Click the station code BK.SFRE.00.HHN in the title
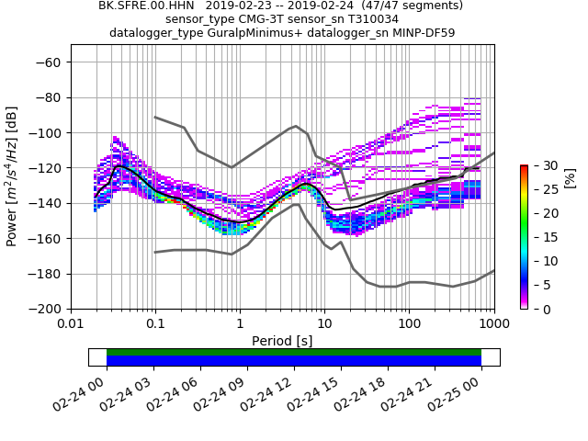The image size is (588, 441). point(146,6)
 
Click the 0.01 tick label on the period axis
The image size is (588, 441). point(71,324)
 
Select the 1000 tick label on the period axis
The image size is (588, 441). point(493,324)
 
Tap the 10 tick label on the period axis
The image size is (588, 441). point(324,324)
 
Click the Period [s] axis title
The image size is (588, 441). point(282,341)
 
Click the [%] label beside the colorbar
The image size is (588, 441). point(570,177)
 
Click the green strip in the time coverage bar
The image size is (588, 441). point(294,352)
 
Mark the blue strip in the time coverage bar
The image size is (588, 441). point(294,361)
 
